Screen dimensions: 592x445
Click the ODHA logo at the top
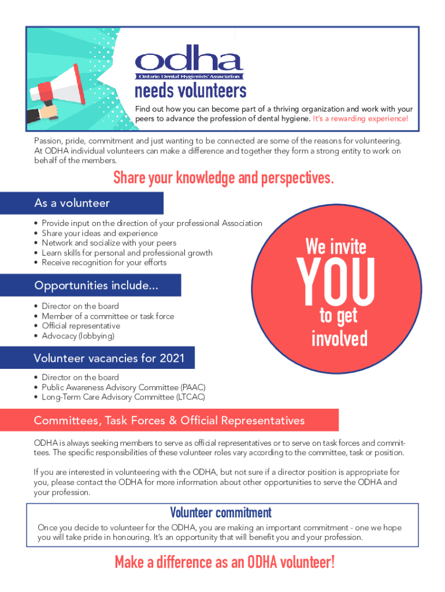(x=188, y=65)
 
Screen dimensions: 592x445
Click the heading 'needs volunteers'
(x=190, y=91)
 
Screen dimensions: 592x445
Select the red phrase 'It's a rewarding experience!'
(x=361, y=119)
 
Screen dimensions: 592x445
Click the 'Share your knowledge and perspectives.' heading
(x=223, y=178)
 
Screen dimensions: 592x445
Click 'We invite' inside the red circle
(x=336, y=247)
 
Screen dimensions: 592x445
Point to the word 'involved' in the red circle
(x=339, y=338)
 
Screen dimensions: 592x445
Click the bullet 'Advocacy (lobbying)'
(x=78, y=336)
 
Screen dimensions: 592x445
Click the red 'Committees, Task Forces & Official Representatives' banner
(x=169, y=420)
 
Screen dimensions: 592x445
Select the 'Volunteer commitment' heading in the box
(x=221, y=513)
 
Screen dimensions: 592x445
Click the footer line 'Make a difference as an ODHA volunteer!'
(x=225, y=561)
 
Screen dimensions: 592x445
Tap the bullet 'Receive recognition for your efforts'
(x=104, y=262)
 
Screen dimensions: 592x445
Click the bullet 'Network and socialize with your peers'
(x=109, y=243)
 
